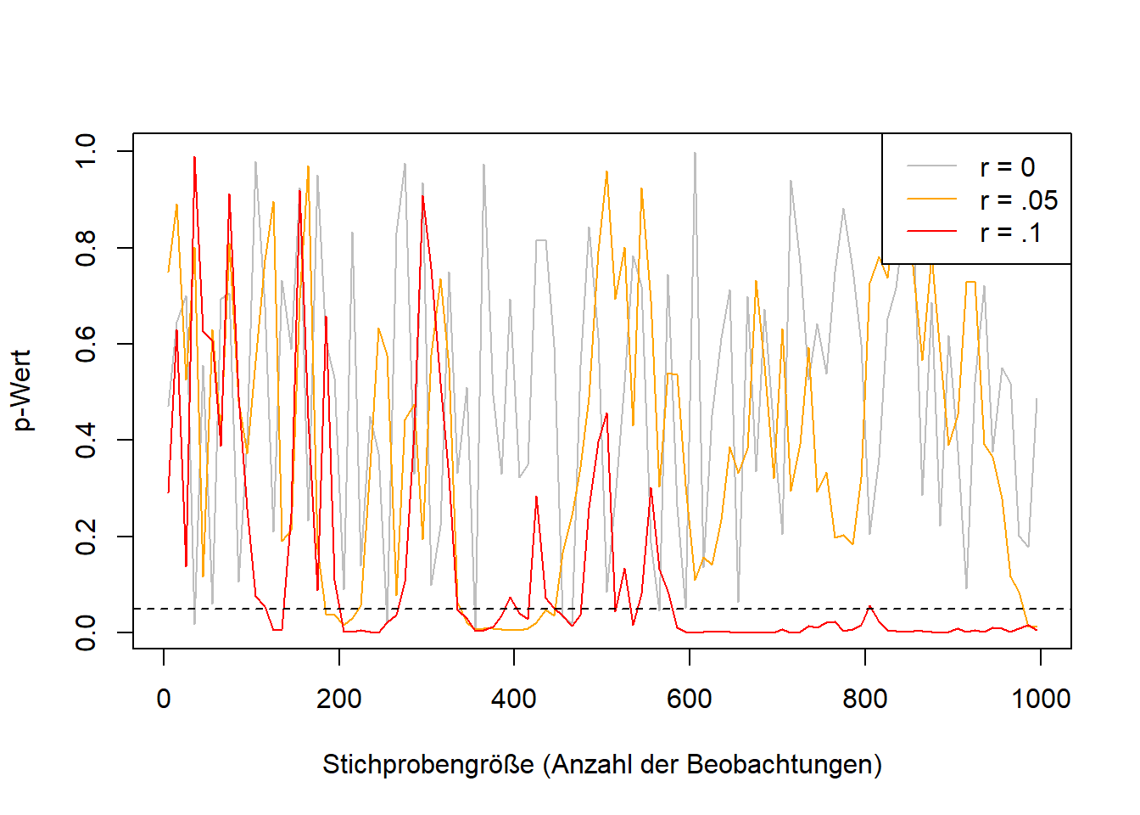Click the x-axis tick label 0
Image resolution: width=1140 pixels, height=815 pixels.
click(164, 699)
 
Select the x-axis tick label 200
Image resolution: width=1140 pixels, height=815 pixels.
click(339, 699)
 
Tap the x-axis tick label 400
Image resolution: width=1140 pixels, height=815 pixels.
click(514, 699)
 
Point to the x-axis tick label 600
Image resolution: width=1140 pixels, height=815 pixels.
click(689, 699)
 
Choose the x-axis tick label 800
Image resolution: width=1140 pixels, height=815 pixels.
click(864, 699)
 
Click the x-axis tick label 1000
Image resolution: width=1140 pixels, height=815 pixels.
click(1041, 699)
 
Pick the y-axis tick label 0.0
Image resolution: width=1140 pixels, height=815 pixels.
click(86, 632)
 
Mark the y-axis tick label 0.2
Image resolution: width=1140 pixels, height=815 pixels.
click(86, 537)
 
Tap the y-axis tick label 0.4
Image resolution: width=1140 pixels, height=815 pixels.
click(86, 440)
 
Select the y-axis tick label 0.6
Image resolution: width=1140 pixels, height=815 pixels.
click(86, 345)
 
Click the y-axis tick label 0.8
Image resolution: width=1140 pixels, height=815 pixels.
click(86, 248)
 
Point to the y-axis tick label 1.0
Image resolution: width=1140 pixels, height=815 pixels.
click(86, 151)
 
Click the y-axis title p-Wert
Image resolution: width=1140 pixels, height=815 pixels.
click(23, 391)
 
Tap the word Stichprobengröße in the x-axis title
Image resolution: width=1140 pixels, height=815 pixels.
click(428, 765)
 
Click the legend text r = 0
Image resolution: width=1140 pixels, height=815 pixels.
click(1008, 167)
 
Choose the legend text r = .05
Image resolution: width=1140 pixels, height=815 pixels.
click(1019, 200)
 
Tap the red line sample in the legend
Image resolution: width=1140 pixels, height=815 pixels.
click(931, 231)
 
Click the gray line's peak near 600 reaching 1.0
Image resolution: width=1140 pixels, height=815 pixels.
click(695, 152)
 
